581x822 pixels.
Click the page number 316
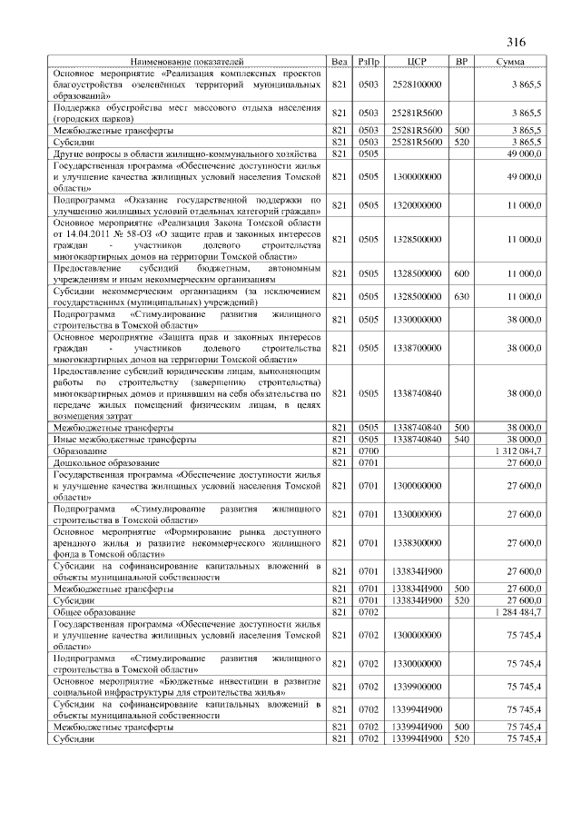pyautogui.click(x=517, y=43)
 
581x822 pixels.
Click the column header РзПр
pyautogui.click(x=369, y=62)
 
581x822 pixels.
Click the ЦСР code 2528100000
pyautogui.click(x=417, y=84)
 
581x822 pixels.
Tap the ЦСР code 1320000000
pyautogui.click(x=417, y=206)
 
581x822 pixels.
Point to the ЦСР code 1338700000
pyautogui.click(x=417, y=348)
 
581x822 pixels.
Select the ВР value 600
pyautogui.click(x=461, y=273)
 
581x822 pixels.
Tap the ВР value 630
pyautogui.click(x=461, y=296)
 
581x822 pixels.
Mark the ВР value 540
pyautogui.click(x=461, y=440)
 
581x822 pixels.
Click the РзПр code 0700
pyautogui.click(x=369, y=451)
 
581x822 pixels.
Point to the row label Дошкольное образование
pyautogui.click(x=101, y=462)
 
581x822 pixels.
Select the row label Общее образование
pyautogui.click(x=90, y=613)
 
